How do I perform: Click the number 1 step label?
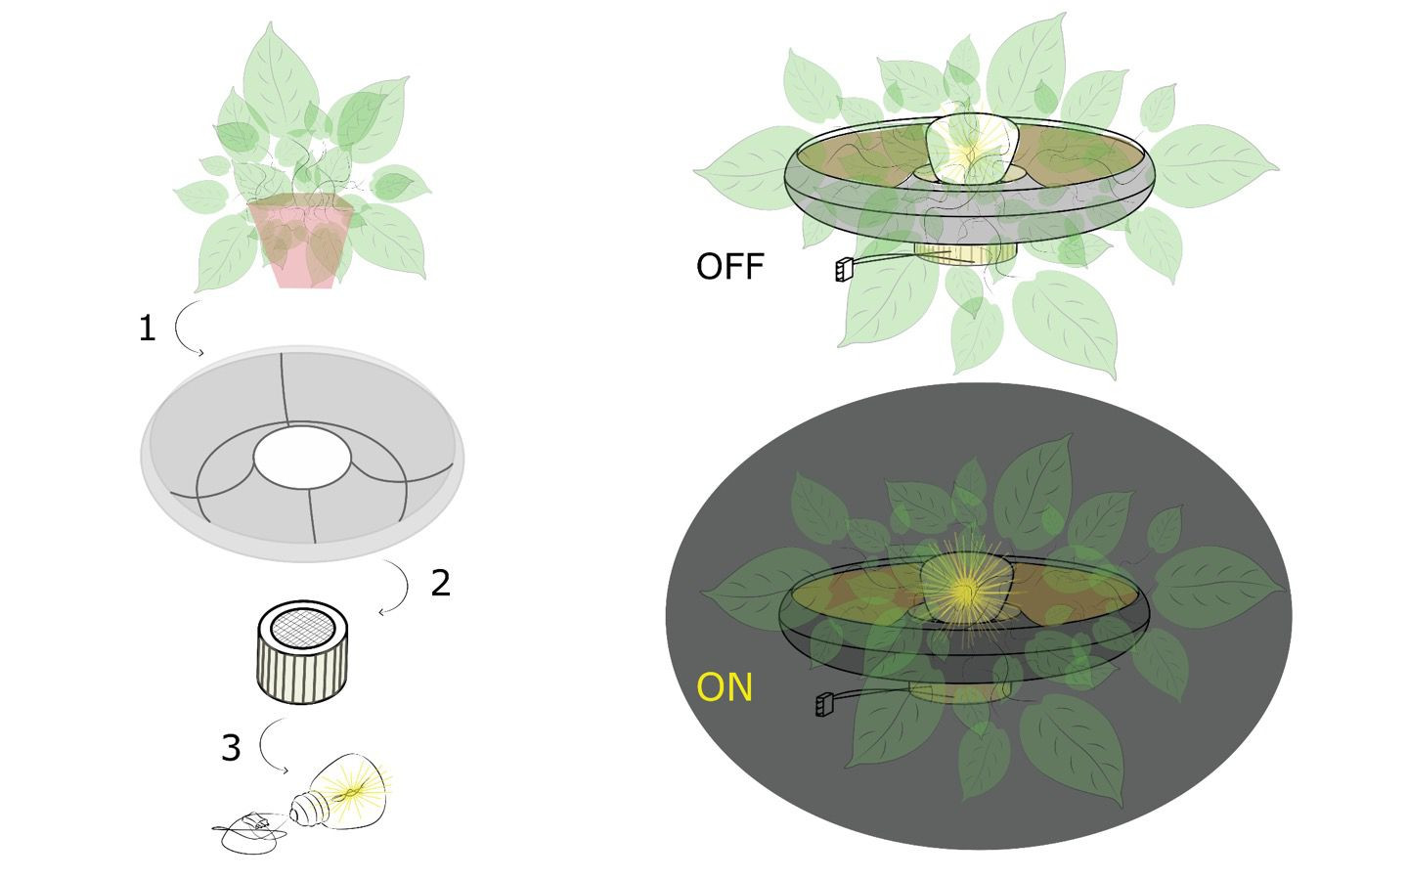tap(147, 329)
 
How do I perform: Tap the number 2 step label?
tap(441, 583)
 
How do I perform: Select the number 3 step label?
tap(230, 748)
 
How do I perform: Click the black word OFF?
tap(729, 266)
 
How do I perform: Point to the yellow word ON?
tap(725, 687)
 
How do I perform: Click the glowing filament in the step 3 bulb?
tap(354, 787)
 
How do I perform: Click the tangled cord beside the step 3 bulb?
tap(250, 831)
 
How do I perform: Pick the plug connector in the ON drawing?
tap(824, 703)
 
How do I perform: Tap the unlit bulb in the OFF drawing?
tap(972, 149)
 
